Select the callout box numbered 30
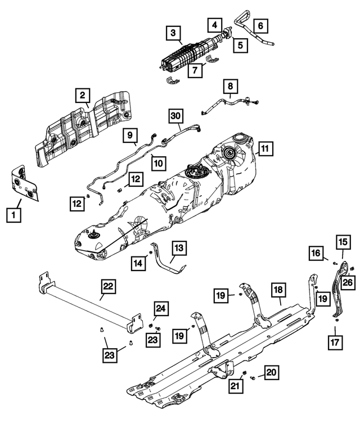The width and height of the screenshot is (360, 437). coord(176,116)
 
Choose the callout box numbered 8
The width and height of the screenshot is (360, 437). coord(229,87)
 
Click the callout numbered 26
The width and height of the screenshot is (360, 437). coord(348,282)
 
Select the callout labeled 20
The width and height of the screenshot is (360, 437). coord(271,372)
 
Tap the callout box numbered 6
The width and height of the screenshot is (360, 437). coord(261,25)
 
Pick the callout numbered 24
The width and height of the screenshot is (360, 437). coord(161,308)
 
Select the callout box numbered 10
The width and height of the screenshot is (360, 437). coord(159,163)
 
